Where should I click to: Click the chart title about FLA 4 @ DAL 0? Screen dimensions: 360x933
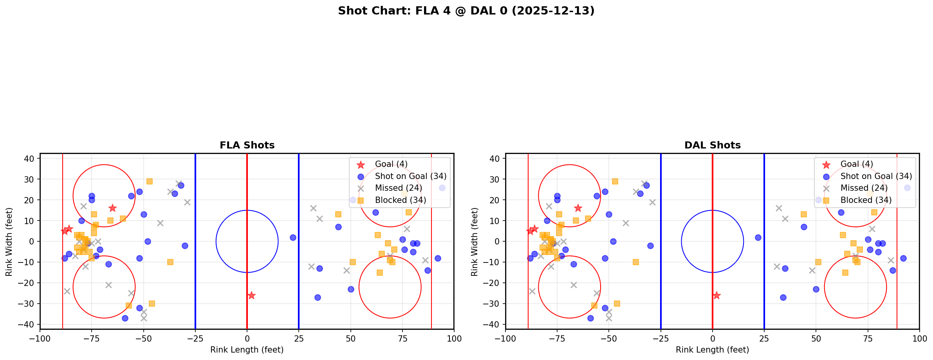coord(466,11)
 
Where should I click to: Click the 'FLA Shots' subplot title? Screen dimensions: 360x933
coord(247,145)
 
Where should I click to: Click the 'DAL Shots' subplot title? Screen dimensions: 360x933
coord(712,145)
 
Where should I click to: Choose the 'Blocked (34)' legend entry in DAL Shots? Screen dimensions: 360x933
coord(866,200)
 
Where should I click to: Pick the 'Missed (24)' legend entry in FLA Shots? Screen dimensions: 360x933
coord(398,188)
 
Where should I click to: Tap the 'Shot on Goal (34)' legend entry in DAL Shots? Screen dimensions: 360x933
coord(876,176)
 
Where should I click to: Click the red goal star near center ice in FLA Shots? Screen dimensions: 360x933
coord(251,295)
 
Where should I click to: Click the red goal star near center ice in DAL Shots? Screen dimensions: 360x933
coord(716,295)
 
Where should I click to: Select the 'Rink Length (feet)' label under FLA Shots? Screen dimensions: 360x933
coord(247,350)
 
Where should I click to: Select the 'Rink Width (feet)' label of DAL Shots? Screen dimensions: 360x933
coord(475,242)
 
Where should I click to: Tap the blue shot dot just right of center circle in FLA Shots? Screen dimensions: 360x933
coord(293,237)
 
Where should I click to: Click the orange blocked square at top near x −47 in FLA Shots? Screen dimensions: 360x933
coord(150,181)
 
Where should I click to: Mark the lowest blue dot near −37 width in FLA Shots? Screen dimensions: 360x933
coord(125,318)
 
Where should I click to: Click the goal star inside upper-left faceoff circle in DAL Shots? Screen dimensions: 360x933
coord(578,208)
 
